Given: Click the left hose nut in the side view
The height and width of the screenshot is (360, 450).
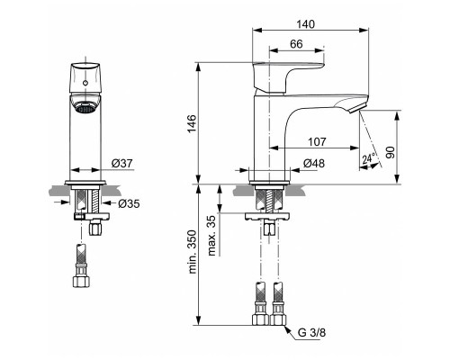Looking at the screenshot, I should (x=259, y=319).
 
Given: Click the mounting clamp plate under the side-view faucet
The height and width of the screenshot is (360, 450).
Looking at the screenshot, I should (x=267, y=217).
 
